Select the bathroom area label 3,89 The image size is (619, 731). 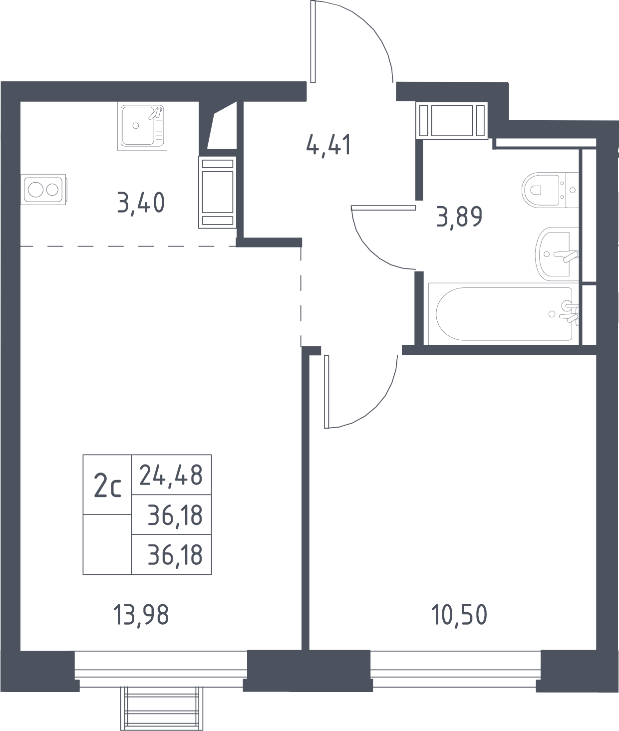point(459,217)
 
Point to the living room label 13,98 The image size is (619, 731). point(141,615)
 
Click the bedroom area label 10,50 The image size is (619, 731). point(459,615)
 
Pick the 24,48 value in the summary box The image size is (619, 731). point(171,476)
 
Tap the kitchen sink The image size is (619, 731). point(142,126)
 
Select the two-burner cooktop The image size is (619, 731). point(43,190)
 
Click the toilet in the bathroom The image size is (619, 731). point(550,190)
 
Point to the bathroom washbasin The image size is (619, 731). point(557,254)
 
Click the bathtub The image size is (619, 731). point(504,314)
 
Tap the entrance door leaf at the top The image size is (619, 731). point(313,41)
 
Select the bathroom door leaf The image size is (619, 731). point(383,208)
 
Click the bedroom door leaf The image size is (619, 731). point(326,392)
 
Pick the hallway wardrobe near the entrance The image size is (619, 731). point(452,120)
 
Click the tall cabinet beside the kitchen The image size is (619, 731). point(217,192)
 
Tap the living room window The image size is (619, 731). point(161,669)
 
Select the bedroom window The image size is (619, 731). point(455,669)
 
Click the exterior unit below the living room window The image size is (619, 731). point(161,709)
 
